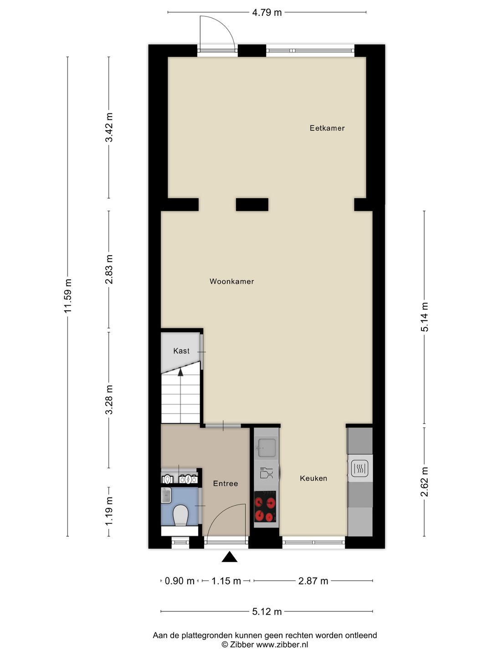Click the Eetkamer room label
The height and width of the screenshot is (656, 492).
click(x=327, y=128)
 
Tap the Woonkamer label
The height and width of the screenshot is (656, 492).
click(x=231, y=282)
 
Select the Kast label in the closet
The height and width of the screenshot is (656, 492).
click(x=181, y=351)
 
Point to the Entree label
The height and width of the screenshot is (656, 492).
click(x=225, y=483)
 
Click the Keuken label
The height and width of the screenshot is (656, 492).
click(x=313, y=478)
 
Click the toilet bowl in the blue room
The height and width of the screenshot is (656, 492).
click(x=181, y=515)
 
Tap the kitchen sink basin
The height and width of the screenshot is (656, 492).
click(x=266, y=447)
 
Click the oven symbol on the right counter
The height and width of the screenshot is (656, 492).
click(x=360, y=468)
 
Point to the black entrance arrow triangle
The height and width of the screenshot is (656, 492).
click(x=230, y=557)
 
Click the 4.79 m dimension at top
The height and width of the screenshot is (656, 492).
click(x=267, y=12)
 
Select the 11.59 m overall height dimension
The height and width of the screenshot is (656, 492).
click(x=68, y=296)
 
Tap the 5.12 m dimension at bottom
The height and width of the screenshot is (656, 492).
click(x=267, y=611)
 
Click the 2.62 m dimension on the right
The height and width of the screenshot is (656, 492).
click(x=424, y=482)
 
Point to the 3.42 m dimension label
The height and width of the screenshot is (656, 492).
click(x=109, y=128)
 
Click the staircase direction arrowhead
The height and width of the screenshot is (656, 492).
click(x=180, y=372)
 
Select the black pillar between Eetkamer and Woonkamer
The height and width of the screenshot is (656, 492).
click(x=252, y=205)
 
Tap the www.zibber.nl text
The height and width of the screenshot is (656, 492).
click(x=282, y=645)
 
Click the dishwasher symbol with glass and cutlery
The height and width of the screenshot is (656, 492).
click(x=266, y=473)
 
